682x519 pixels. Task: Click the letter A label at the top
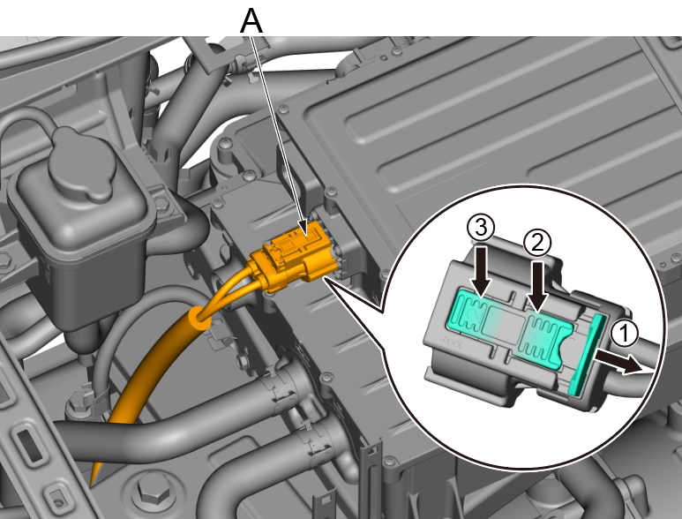pos(251,21)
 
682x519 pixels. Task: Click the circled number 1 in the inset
pos(624,335)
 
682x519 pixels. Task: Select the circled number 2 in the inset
pos(537,244)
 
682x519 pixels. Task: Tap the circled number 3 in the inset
pos(481,228)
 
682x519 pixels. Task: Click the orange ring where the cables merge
pos(199,319)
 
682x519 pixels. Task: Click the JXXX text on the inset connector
pos(451,341)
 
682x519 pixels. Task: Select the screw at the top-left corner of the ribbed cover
pos(283,108)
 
